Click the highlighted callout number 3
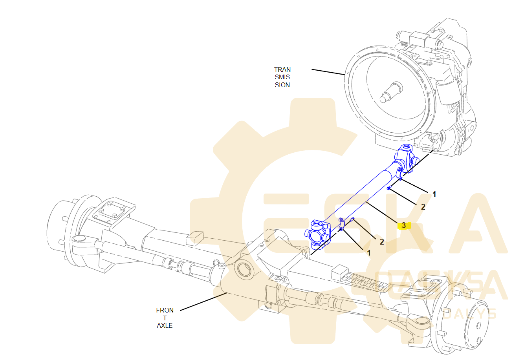pyautogui.click(x=403, y=225)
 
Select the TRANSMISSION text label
pyautogui.click(x=282, y=77)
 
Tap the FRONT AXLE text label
pyautogui.click(x=165, y=318)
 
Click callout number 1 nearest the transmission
pyautogui.click(x=434, y=194)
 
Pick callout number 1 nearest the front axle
pyautogui.click(x=368, y=253)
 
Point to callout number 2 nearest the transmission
pyautogui.click(x=423, y=207)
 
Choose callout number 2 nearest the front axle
pyautogui.click(x=381, y=242)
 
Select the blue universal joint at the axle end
pyautogui.click(x=317, y=234)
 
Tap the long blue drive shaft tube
pyautogui.click(x=361, y=196)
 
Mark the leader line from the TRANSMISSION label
pyautogui.click(x=328, y=72)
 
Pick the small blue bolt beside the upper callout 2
pyautogui.click(x=388, y=188)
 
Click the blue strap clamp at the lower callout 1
pyautogui.click(x=341, y=224)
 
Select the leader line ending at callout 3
pyautogui.click(x=381, y=212)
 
